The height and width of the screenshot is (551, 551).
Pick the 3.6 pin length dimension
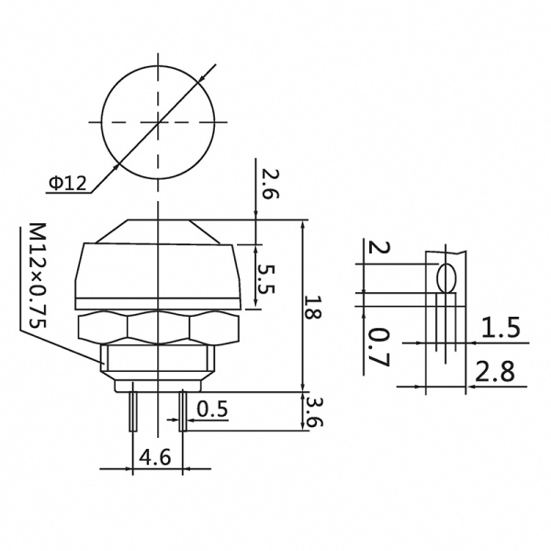coord(314,411)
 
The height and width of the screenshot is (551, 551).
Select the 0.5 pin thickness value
coord(212,407)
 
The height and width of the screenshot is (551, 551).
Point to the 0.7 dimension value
coord(377,346)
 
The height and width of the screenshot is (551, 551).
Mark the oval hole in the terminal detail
coord(447,277)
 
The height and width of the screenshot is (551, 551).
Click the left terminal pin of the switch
coord(133,410)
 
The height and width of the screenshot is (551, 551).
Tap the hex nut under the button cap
coord(159,325)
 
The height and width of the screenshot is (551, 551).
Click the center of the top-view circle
coord(159,121)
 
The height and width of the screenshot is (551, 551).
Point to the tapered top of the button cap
coord(159,231)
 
